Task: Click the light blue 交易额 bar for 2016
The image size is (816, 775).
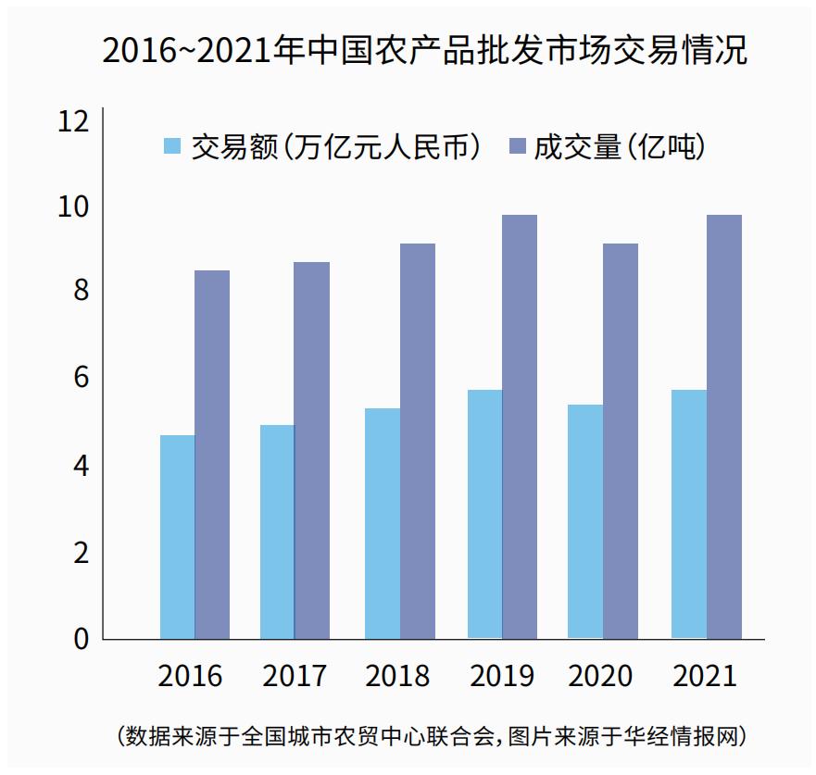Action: tap(177, 537)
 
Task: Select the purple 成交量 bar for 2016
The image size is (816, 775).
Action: tap(212, 455)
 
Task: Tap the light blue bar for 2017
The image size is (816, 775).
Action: tap(277, 531)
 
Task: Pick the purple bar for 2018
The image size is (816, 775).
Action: tap(418, 441)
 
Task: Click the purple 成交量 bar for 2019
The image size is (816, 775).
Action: tap(520, 427)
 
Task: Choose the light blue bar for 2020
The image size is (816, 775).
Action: tap(585, 521)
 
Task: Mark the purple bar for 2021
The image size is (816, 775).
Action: tap(724, 427)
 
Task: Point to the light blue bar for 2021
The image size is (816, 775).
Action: tap(689, 514)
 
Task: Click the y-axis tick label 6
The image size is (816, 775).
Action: tap(81, 378)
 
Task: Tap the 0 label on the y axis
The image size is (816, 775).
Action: tap(81, 639)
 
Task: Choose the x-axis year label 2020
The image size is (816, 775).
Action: tap(600, 676)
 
